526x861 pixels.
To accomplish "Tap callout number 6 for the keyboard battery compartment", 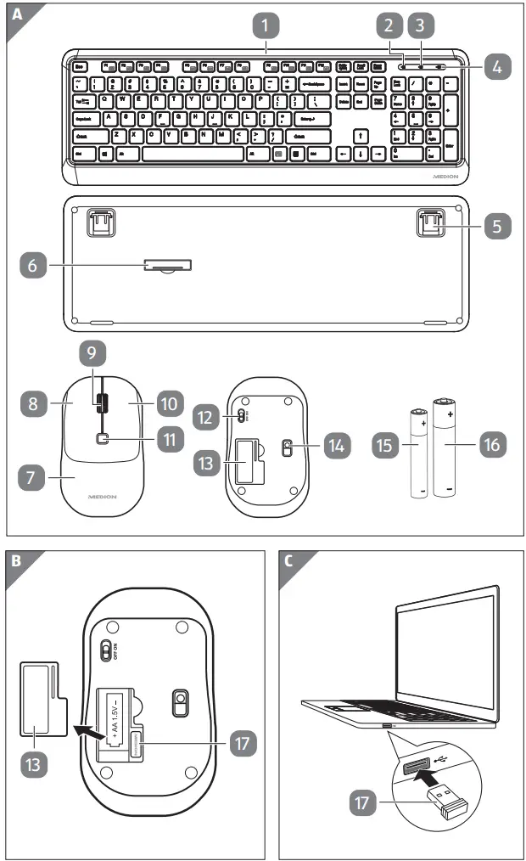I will tap(33, 266).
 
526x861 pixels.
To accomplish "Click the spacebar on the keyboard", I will tap(193, 155).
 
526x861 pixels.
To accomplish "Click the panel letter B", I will tap(16, 561).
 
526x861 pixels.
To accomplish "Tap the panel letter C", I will tap(291, 561).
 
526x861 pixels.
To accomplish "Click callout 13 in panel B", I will tap(33, 763).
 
